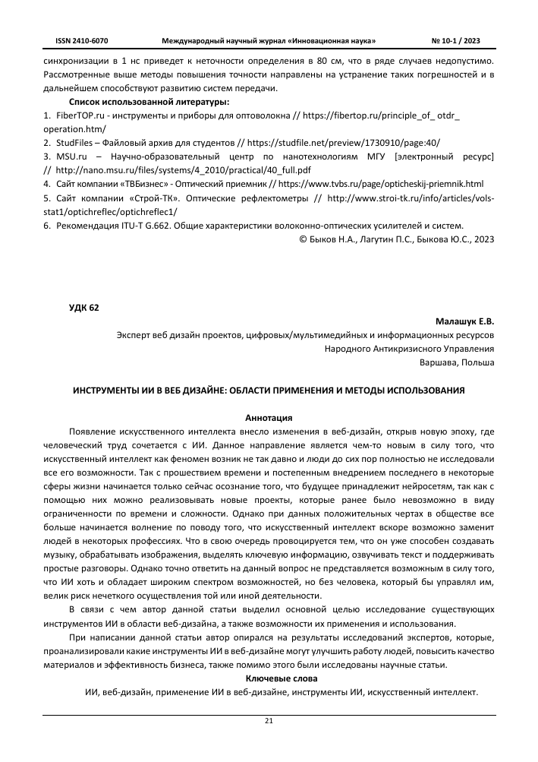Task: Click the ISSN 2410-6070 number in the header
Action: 82,40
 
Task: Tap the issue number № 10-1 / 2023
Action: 455,40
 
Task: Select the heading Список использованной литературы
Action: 149,101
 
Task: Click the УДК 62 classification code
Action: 83,307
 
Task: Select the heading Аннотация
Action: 269,418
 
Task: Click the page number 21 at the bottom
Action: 269,721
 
